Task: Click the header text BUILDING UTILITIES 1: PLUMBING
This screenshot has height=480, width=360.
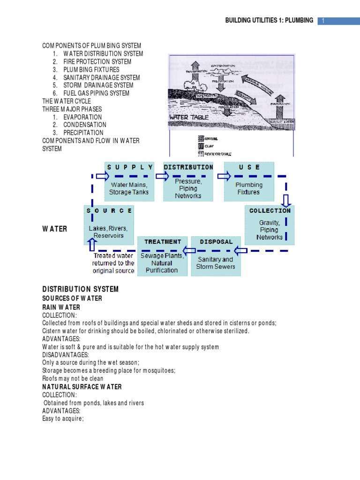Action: (x=269, y=21)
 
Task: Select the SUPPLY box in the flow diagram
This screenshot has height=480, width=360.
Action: (x=129, y=180)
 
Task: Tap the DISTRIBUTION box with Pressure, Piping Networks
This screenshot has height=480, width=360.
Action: (x=188, y=182)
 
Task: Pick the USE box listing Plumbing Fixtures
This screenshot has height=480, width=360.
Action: (x=248, y=182)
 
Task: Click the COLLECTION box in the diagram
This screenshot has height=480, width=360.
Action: (x=270, y=225)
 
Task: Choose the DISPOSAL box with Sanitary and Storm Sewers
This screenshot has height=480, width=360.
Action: (x=216, y=256)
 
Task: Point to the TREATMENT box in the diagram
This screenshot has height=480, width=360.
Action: (x=162, y=256)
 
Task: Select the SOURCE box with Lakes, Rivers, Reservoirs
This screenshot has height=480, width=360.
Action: (x=109, y=225)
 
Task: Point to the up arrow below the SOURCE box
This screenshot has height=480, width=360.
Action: (x=92, y=245)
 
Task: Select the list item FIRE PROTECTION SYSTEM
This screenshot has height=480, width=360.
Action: (x=97, y=61)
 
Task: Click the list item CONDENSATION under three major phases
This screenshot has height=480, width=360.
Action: (x=85, y=125)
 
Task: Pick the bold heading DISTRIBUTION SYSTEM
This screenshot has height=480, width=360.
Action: (x=80, y=289)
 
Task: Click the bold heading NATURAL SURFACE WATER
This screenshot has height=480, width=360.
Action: (x=82, y=387)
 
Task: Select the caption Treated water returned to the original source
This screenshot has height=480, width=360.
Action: (x=113, y=263)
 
